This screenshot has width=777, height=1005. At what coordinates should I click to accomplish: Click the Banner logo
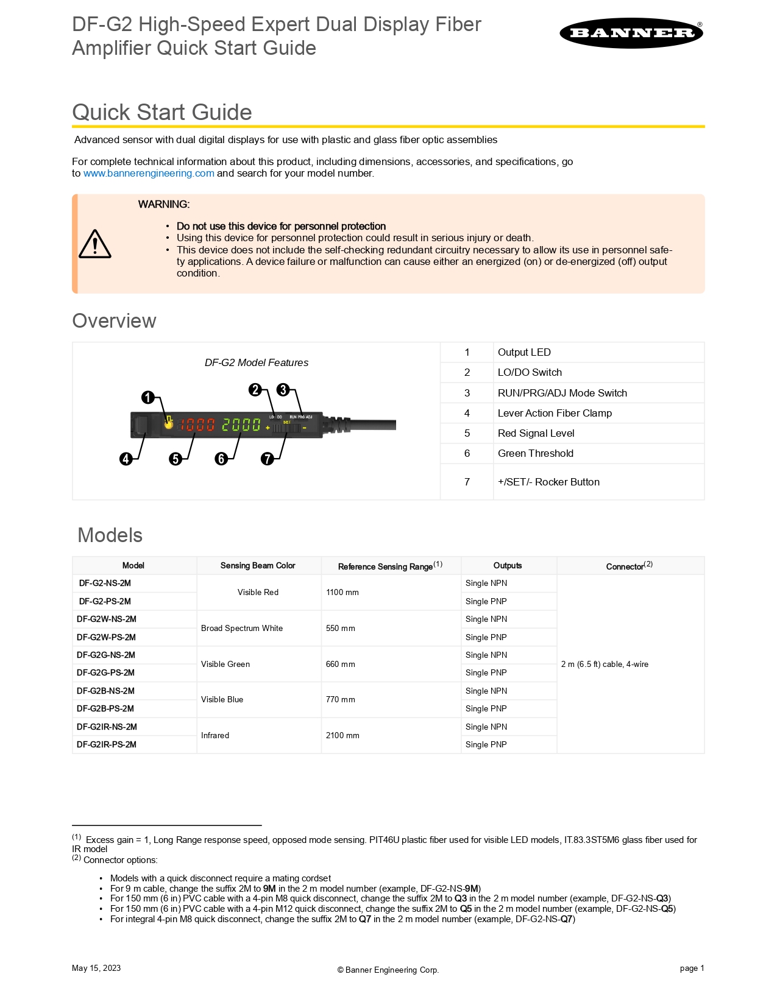631,33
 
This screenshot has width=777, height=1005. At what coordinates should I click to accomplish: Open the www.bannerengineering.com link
149,174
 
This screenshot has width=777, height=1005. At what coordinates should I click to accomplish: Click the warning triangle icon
95,244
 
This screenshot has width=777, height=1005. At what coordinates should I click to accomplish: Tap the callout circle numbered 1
148,398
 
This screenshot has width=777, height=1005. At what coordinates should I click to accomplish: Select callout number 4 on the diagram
126,459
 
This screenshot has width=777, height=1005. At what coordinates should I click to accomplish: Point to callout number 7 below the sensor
268,459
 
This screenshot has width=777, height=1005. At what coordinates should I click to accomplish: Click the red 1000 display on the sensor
197,425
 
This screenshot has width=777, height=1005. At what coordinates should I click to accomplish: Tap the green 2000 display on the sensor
241,425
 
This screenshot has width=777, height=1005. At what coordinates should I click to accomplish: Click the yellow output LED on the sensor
169,423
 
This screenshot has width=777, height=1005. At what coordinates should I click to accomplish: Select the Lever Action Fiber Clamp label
555,413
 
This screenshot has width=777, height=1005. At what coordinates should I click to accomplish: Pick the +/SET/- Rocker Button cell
548,482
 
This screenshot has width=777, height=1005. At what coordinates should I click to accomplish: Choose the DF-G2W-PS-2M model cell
107,637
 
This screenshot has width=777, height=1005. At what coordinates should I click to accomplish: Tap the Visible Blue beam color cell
222,700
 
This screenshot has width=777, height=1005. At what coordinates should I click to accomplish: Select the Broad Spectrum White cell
242,628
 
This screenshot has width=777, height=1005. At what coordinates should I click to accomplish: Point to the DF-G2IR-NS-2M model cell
107,727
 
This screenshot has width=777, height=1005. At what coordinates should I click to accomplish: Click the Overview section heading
115,321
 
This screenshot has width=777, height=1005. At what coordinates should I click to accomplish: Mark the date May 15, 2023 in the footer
96,968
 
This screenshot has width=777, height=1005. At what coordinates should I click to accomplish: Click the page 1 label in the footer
692,968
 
